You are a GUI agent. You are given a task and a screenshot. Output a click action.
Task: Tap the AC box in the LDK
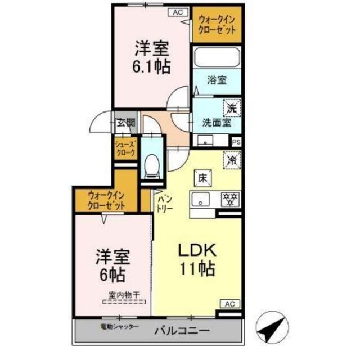pos(229,304)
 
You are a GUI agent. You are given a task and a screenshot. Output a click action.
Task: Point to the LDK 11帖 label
pos(197,258)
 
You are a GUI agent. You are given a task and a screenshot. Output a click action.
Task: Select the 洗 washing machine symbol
pos(232,106)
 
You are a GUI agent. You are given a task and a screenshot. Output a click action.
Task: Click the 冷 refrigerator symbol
pos(231,160)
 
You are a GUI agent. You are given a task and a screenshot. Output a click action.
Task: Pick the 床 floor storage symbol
pos(202,177)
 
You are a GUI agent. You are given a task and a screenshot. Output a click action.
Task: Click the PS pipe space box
pos(236,142)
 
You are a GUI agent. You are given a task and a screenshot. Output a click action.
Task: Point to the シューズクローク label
pos(125,149)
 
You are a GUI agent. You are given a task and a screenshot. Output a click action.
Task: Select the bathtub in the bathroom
pos(217,58)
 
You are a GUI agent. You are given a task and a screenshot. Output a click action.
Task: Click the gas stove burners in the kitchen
pos(231,198)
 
